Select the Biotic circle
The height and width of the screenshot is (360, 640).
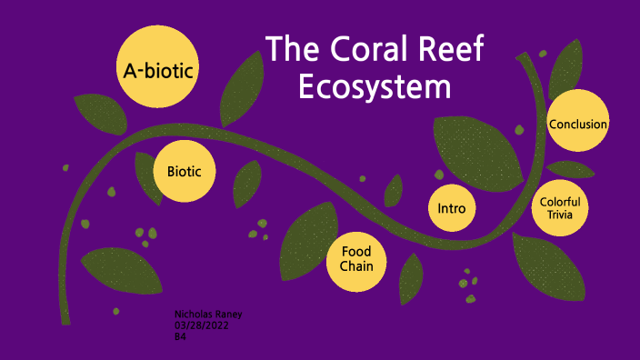point(185,171)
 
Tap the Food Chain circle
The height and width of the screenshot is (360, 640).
point(356,259)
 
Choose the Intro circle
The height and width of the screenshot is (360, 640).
point(452,208)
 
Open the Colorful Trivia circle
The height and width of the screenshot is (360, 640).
point(560,207)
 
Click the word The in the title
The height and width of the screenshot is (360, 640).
point(290,49)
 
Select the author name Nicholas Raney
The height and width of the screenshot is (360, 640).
point(208,314)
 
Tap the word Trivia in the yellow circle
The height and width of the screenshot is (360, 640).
point(560,215)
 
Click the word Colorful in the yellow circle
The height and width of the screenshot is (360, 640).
point(560,201)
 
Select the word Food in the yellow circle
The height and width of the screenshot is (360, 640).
point(356,252)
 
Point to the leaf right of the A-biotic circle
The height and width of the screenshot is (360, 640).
point(238,88)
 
